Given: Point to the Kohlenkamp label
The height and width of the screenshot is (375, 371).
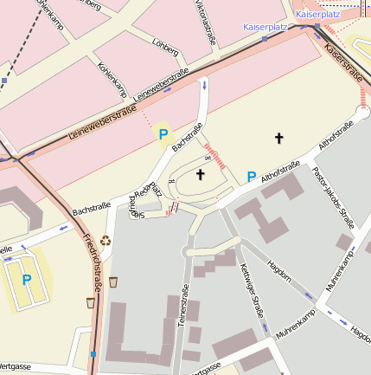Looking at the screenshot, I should [x=112, y=79].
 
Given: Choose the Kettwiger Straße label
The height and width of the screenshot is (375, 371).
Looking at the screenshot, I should [x=251, y=294].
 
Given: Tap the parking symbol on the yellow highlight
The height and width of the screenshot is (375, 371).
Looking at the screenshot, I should [x=162, y=134].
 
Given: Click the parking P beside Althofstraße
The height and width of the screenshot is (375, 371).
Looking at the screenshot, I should [x=252, y=177].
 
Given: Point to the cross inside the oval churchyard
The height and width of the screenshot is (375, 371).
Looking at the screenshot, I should [x=201, y=175].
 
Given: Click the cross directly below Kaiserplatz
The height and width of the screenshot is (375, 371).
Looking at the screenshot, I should [x=278, y=138].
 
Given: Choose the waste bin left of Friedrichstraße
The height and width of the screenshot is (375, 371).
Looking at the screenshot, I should [x=90, y=302].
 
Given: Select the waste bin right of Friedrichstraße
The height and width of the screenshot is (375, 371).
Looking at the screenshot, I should [x=113, y=281].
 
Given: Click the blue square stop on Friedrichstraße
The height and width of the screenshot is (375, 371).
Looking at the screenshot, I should [x=93, y=353].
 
